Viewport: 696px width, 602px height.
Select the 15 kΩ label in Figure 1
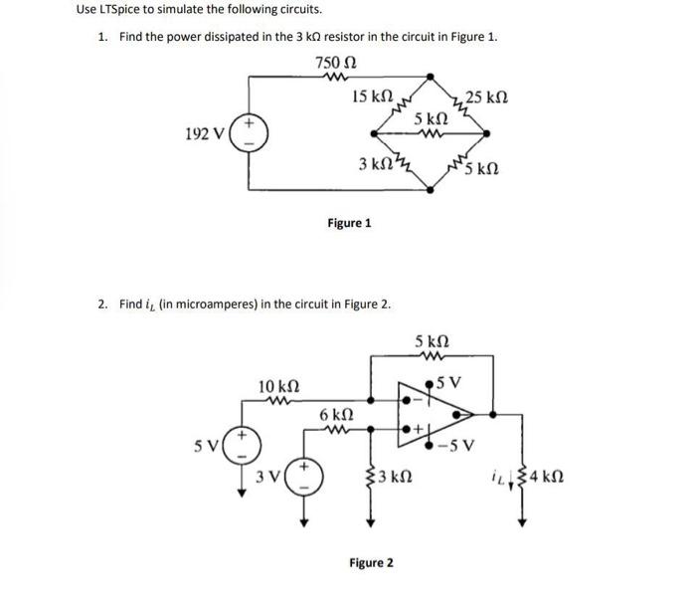click(x=373, y=97)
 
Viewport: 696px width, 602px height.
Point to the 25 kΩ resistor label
click(x=487, y=98)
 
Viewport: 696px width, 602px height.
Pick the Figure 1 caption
click(x=349, y=223)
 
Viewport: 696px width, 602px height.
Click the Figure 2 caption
click(x=370, y=563)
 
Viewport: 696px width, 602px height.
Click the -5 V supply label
click(x=460, y=445)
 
